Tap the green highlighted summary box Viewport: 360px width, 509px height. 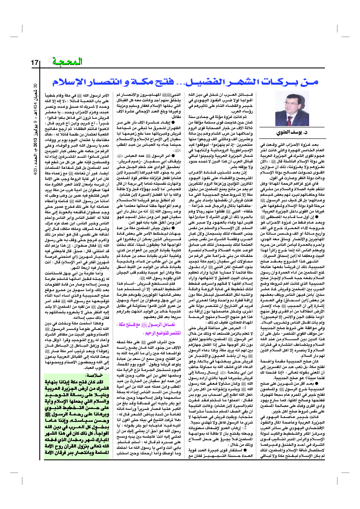coord(70,413)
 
